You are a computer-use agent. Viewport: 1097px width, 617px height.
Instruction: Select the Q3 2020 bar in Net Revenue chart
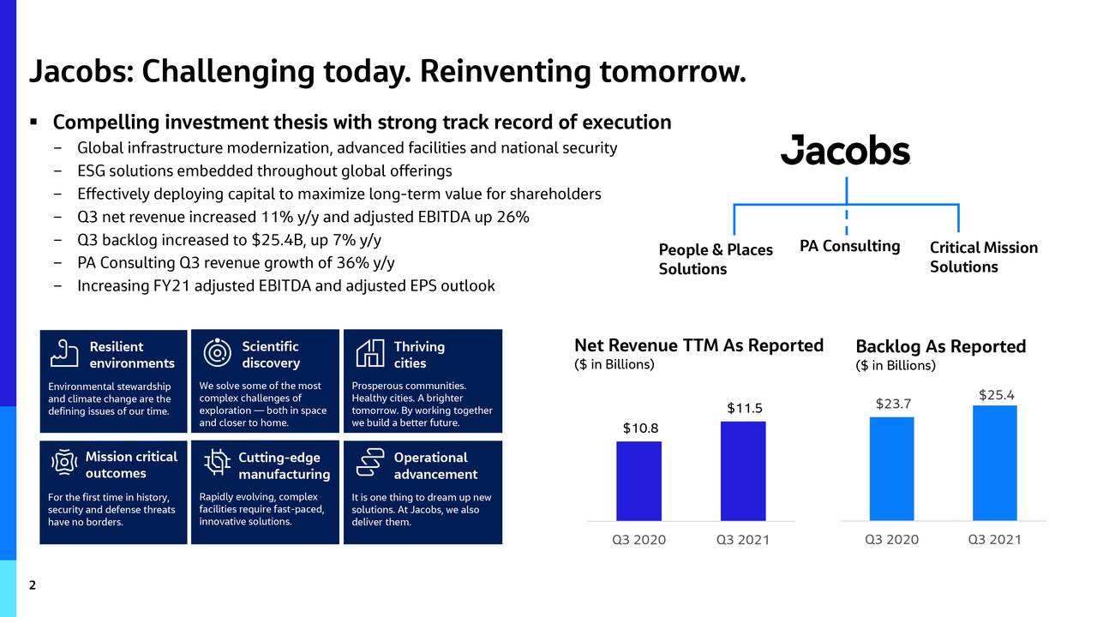638,481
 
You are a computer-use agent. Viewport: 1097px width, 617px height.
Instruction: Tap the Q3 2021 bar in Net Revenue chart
743,470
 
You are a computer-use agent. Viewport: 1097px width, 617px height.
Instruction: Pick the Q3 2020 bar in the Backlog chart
891,469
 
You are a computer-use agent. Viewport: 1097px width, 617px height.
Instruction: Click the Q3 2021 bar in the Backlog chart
994,463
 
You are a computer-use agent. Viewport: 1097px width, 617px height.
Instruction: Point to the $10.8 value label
640,428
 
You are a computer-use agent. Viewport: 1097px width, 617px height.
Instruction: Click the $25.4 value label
996,394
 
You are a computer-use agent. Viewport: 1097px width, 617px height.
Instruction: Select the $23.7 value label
893,404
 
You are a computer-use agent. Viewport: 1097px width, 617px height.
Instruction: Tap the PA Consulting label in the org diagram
849,247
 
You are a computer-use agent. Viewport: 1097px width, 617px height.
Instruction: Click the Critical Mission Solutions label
983,257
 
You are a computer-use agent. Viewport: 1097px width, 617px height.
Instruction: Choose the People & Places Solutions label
715,259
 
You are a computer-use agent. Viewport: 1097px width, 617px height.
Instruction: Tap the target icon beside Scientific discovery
218,354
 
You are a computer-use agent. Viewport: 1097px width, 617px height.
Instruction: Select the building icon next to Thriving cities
369,354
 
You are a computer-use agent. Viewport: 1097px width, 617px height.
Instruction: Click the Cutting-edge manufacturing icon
218,464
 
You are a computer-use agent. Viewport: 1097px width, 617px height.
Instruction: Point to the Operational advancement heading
435,465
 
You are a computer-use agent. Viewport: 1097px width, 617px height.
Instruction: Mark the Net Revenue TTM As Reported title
698,345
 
